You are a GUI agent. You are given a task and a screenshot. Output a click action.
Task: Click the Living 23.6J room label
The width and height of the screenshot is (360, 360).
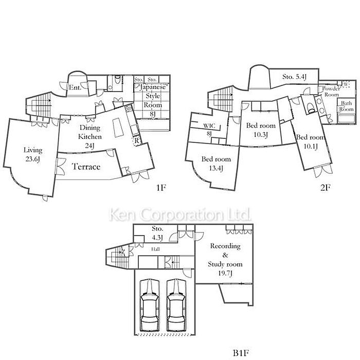[x=33, y=155]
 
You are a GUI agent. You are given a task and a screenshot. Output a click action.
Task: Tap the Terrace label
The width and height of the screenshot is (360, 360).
[x=86, y=167]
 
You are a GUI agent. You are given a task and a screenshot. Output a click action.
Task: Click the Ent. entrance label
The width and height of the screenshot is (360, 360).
[x=75, y=87]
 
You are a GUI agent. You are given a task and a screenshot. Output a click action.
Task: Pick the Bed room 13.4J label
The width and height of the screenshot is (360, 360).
[x=216, y=164]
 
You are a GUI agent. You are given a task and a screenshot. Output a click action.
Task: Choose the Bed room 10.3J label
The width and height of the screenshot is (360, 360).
[x=261, y=130]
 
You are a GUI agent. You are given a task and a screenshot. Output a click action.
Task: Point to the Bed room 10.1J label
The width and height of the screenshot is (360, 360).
[x=310, y=141]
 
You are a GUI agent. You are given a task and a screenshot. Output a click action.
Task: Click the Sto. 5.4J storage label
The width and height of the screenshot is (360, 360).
[x=295, y=77]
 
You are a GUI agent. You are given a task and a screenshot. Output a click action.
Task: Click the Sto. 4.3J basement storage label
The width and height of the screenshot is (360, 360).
[x=157, y=232]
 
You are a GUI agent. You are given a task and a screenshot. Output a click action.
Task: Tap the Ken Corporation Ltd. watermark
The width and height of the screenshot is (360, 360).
[x=181, y=214]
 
